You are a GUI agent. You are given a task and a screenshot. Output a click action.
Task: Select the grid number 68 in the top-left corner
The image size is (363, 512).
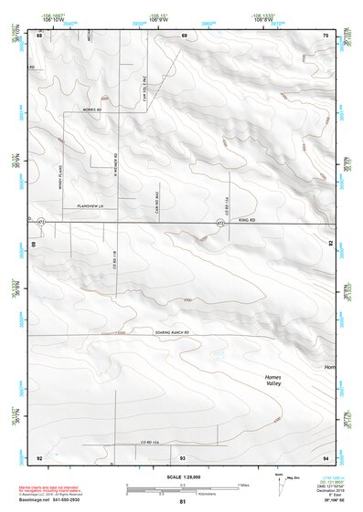[x=39, y=36]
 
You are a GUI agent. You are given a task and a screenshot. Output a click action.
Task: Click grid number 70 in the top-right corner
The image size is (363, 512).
[x=326, y=36]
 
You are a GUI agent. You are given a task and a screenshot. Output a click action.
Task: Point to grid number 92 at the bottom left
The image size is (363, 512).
[x=39, y=455]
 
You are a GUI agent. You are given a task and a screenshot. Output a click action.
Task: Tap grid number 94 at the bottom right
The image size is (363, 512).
[x=326, y=455]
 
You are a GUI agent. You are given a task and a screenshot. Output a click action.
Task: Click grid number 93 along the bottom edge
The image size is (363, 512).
[x=183, y=455]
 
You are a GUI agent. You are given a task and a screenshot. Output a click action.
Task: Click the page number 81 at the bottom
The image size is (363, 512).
[x=183, y=502]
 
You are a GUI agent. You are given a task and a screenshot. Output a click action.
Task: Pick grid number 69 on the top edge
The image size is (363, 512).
[x=184, y=36]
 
